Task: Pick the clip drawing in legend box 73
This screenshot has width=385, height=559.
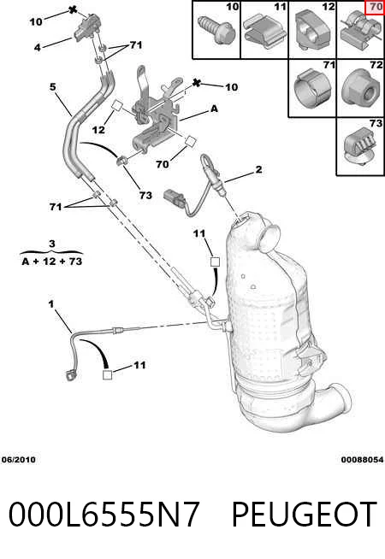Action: coord(359,150)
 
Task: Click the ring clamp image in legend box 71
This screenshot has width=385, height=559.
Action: coord(313,89)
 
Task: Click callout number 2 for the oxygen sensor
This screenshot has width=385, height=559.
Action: coord(258,169)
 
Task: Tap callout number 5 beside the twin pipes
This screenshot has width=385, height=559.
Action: coord(53,86)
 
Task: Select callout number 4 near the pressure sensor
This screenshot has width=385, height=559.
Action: coord(38,47)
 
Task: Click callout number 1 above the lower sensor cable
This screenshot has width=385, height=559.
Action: coord(51,304)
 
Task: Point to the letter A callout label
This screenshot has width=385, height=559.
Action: coord(214,108)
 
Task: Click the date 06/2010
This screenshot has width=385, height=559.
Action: coord(19,460)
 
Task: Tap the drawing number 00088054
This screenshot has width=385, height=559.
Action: coord(362,460)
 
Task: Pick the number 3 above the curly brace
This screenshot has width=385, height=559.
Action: coord(52,244)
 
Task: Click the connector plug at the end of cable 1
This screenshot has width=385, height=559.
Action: coord(71,375)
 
